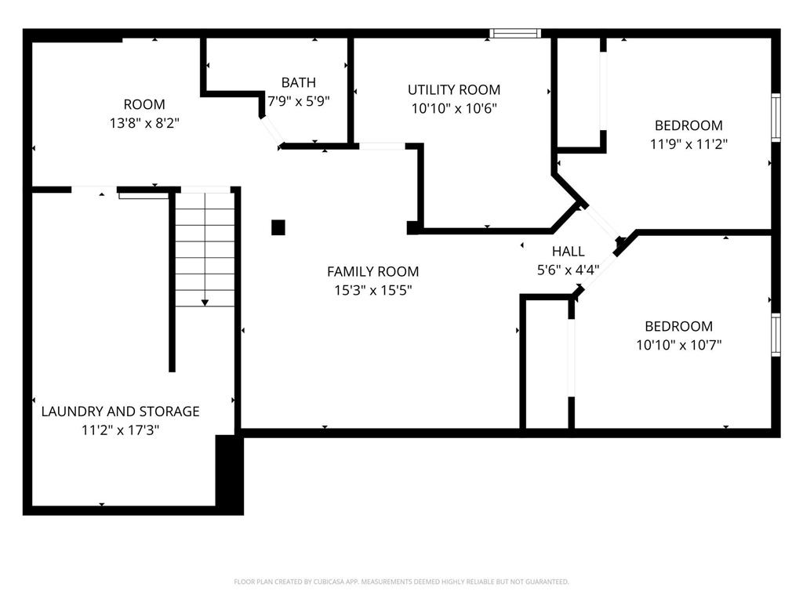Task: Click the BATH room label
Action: coord(299,82)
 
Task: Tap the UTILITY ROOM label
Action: coord(453,89)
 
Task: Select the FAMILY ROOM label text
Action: coord(372,271)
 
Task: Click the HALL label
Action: coord(568,252)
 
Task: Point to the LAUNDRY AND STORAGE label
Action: coord(120,411)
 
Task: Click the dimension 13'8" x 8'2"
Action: coord(144,123)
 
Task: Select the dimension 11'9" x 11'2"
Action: coord(689,144)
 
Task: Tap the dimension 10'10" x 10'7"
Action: coord(678,345)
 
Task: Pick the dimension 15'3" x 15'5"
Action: coord(372,290)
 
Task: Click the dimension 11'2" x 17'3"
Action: coord(120,430)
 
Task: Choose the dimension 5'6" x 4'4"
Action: coord(568,270)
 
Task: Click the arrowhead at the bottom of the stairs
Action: coord(205,302)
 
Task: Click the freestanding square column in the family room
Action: coord(278,227)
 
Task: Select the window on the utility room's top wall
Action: coord(515,34)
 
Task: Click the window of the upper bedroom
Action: coord(776,118)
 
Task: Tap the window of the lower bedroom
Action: coord(776,335)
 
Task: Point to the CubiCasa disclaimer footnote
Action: coord(401,582)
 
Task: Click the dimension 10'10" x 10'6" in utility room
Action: coord(453,108)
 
